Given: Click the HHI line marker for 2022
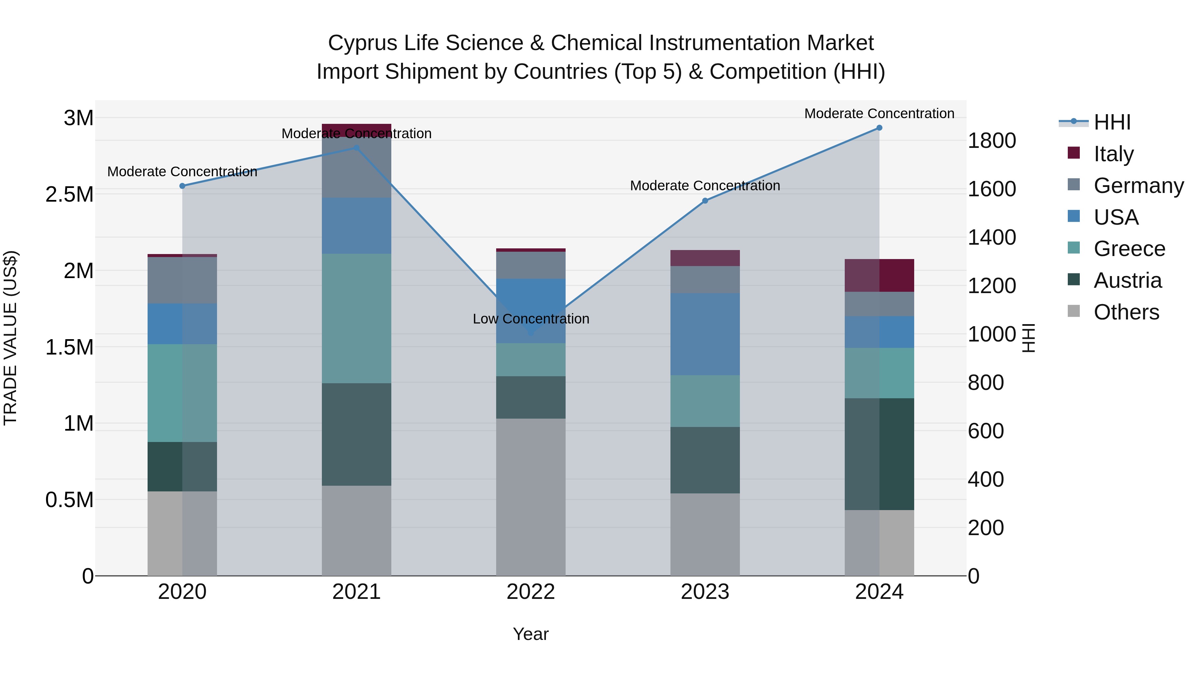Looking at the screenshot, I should tap(531, 333).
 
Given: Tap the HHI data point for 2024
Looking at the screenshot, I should tap(879, 128).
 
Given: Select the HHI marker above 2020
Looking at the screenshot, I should tap(182, 186).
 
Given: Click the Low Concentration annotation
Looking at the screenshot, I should tap(531, 319).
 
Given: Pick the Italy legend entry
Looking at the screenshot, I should tap(1113, 154).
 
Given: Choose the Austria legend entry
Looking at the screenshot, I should tap(1127, 280).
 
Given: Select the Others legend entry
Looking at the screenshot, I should tap(1126, 312).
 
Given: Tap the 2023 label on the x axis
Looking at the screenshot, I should tap(705, 592).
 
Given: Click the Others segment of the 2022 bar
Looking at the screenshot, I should tap(531, 497).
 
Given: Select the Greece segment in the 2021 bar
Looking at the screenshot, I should tap(357, 318).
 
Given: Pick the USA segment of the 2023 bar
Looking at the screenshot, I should tap(705, 334).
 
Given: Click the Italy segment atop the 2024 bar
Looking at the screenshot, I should tap(879, 275).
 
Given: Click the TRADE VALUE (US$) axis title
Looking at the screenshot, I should tap(10, 338).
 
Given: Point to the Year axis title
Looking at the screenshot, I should tap(531, 634).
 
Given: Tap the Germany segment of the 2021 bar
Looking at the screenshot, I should tap(357, 167).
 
